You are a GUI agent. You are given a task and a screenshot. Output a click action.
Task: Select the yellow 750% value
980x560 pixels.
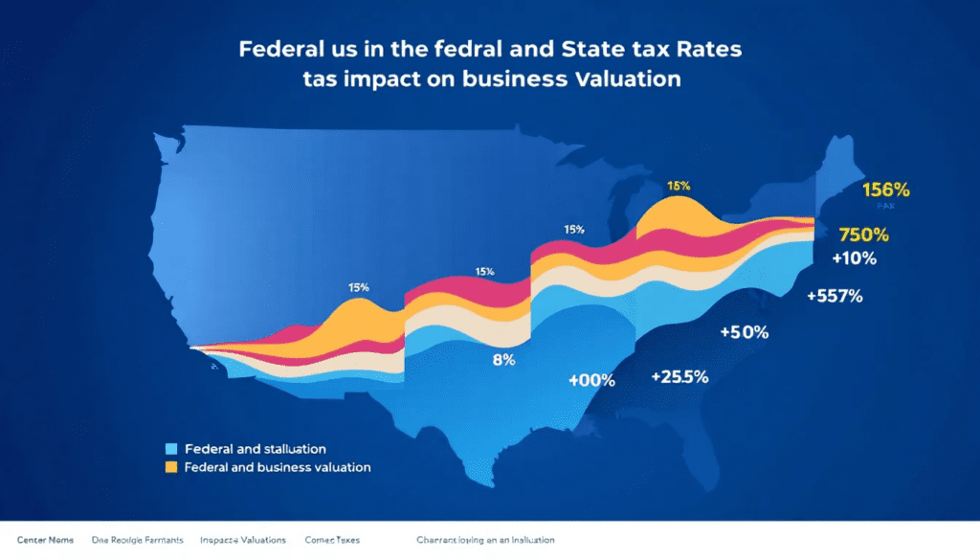[x=863, y=235]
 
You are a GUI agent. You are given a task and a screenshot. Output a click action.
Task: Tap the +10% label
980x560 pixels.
[x=854, y=258]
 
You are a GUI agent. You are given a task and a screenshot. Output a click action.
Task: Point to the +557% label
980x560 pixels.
[x=835, y=296]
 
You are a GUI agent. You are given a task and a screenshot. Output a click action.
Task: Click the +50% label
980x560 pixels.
[x=744, y=332]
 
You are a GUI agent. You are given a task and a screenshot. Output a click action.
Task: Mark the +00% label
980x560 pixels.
[x=590, y=380]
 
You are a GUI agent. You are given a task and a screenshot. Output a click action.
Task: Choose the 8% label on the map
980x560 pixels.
[x=503, y=360]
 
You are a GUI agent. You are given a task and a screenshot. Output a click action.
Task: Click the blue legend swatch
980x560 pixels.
[x=171, y=448]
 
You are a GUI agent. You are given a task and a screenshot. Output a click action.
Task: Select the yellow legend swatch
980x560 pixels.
[x=171, y=467]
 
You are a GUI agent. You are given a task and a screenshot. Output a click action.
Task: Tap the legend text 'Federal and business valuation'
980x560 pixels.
[x=278, y=467]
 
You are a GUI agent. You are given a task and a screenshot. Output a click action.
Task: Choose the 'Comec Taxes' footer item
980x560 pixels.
[x=332, y=541]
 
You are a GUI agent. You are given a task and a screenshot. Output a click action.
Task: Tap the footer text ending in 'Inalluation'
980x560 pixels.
[x=485, y=541]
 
